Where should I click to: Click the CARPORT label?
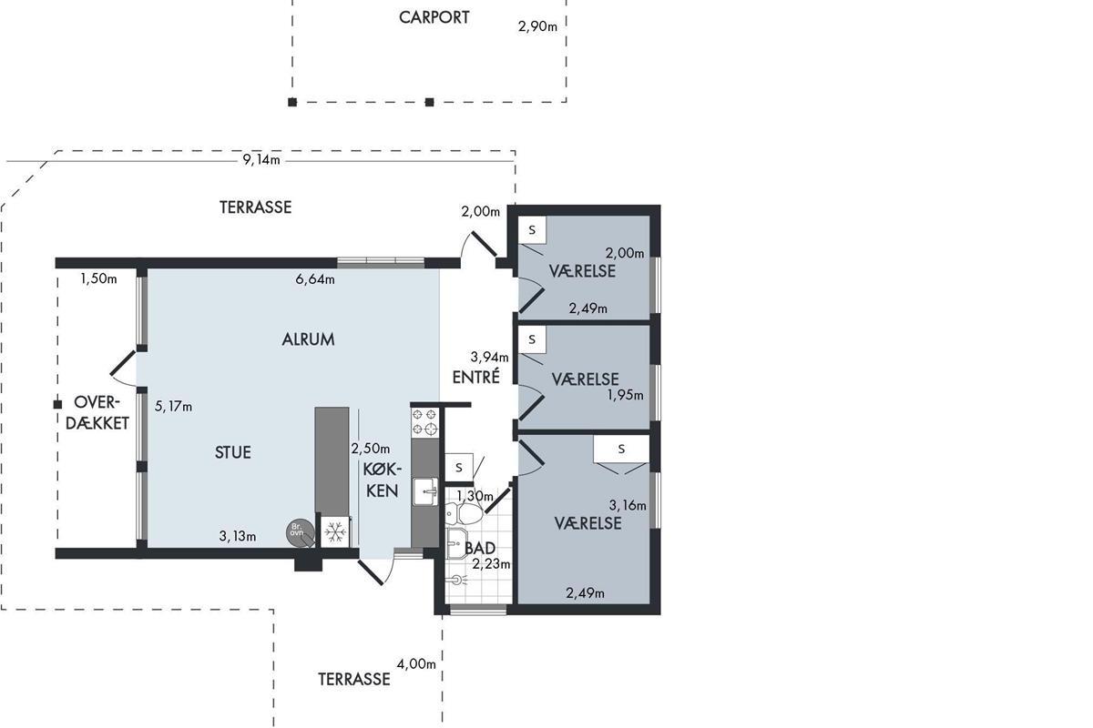(x=434, y=17)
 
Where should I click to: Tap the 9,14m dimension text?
(x=260, y=160)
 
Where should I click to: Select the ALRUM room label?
(x=307, y=339)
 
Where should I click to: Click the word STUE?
(x=232, y=452)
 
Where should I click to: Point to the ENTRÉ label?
(x=475, y=378)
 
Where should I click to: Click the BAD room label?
(x=479, y=549)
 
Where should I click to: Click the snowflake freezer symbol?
(x=333, y=532)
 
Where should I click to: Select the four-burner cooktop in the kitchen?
(x=424, y=421)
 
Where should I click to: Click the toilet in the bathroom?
(x=470, y=515)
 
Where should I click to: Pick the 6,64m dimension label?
(x=315, y=279)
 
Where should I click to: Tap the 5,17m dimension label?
(x=173, y=407)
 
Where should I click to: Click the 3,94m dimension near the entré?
(x=487, y=357)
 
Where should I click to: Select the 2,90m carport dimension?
(x=537, y=26)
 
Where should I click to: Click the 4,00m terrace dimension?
(x=416, y=664)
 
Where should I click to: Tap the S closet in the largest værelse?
(x=621, y=449)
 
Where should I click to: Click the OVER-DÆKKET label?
(x=100, y=412)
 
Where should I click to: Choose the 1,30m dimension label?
(x=475, y=496)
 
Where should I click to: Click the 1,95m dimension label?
(x=625, y=395)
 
